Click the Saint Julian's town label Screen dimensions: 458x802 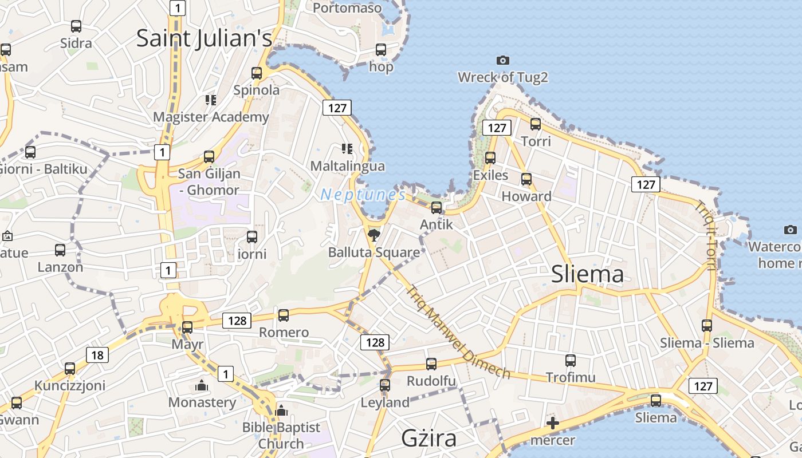coord(204,38)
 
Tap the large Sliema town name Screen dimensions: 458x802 coord(587,274)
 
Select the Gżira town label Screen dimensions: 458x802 coord(428,438)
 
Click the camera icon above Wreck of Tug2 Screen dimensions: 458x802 coord(502,60)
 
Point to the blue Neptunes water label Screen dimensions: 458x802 coord(363,195)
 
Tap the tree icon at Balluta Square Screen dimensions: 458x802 coord(374,234)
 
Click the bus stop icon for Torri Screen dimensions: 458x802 coord(536,124)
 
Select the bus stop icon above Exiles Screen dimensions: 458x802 coord(490,157)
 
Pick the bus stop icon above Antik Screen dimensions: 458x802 coord(437,207)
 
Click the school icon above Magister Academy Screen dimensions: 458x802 coord(211,100)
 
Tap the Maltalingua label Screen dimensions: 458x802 coord(348,166)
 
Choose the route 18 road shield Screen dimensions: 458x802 coord(97,356)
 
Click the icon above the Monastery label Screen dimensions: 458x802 coord(201,385)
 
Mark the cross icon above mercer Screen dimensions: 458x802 coord(552,424)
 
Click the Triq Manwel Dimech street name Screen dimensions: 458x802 coord(458,332)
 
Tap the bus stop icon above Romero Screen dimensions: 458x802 coord(284,315)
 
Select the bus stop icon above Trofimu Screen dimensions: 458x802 coord(571,360)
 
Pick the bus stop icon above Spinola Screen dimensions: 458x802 coord(257,73)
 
